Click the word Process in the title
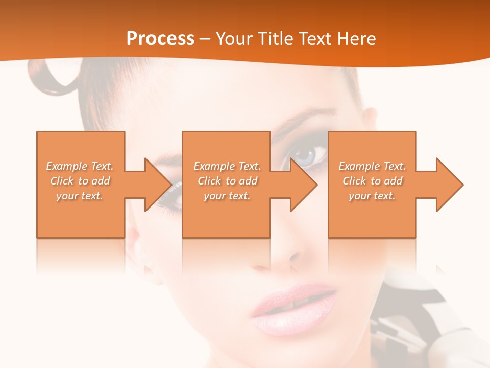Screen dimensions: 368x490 tap(160, 39)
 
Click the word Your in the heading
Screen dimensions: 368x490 tap(234, 39)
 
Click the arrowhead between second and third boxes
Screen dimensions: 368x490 tap(303, 185)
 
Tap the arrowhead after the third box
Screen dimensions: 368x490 tap(449, 185)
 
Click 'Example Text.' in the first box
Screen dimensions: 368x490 tap(80, 166)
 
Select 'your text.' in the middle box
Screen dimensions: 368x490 tap(227, 196)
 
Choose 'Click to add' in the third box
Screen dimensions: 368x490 tap(372, 181)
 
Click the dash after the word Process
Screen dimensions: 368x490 tap(205, 39)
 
